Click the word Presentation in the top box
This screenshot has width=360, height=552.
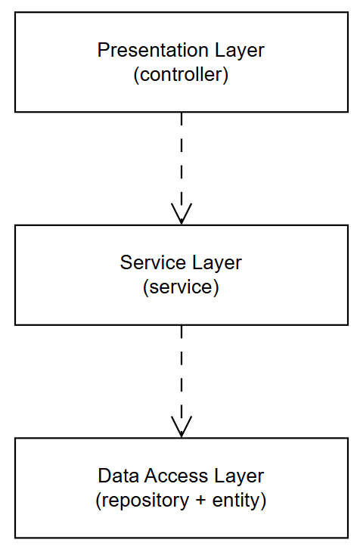click(x=154, y=50)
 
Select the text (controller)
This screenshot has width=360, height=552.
click(x=181, y=75)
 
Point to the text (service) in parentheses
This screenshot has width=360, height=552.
click(x=181, y=287)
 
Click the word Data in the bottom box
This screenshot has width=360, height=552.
click(x=118, y=476)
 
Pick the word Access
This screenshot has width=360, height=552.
click(x=176, y=476)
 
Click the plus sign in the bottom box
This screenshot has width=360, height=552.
click(x=200, y=501)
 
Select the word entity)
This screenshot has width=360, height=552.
click(x=239, y=501)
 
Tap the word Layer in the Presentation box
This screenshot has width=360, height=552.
click(x=240, y=51)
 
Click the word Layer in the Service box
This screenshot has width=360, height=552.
click(x=217, y=263)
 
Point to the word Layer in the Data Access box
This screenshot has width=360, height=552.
click(x=239, y=476)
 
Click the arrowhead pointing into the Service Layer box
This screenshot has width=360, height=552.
click(x=182, y=214)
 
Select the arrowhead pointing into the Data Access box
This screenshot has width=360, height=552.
click(x=182, y=426)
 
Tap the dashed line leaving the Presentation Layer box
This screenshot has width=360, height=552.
click(x=182, y=169)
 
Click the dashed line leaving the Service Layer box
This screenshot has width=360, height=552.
click(x=182, y=381)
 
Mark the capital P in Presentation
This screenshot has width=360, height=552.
click(x=104, y=50)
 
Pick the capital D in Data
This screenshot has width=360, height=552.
click(x=104, y=476)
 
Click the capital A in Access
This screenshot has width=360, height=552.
click(x=151, y=476)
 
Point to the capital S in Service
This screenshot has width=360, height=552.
click(x=126, y=262)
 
